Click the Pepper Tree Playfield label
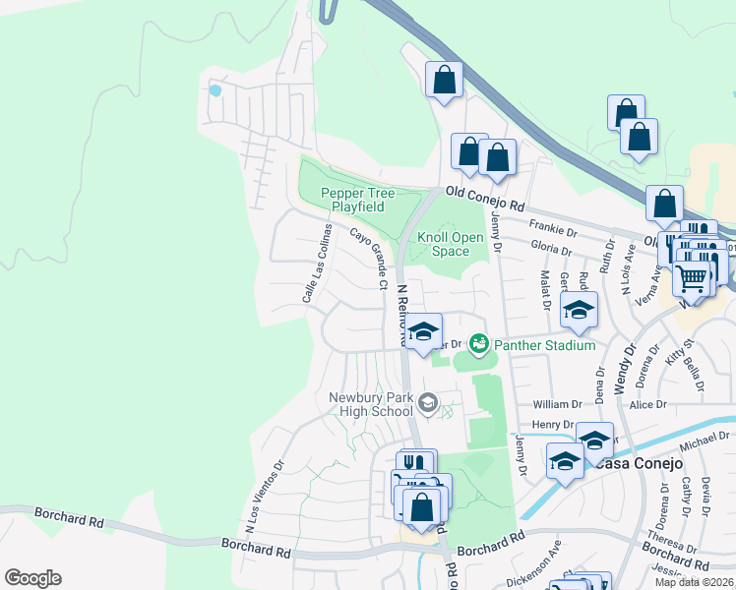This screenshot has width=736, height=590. pos(351,200)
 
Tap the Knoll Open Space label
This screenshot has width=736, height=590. pos(451,244)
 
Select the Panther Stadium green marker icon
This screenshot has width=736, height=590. pos(479,343)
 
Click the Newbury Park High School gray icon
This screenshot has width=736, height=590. pos(427,402)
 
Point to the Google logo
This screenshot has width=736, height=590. pos(32,578)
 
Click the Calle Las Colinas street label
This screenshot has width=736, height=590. pos(316,263)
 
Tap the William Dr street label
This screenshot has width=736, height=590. pos(558,404)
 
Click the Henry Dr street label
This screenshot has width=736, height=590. pos(552,425)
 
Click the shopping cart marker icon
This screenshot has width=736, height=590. pos(692,278)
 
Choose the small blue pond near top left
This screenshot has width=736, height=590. pos(215,90)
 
